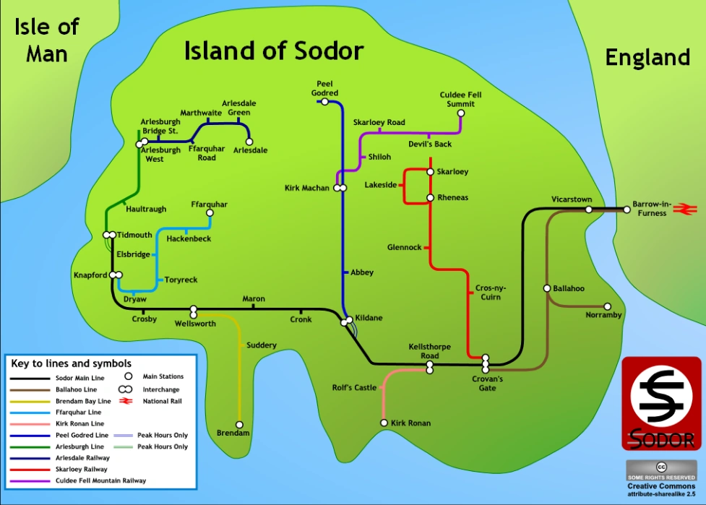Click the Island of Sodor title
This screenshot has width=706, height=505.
pyautogui.click(x=273, y=51)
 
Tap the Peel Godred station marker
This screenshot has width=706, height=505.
pyautogui.click(x=324, y=102)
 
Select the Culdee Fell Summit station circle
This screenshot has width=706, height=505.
pyautogui.click(x=461, y=113)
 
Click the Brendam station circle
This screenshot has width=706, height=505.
pyautogui.click(x=239, y=425)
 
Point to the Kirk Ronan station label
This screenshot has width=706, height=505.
pyautogui.click(x=410, y=423)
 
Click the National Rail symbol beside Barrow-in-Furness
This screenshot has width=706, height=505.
pyautogui.click(x=681, y=209)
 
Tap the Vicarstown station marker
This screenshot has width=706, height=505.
pyautogui.click(x=589, y=210)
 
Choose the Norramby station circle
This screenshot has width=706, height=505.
pyautogui.click(x=607, y=306)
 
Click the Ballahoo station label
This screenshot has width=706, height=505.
pyautogui.click(x=569, y=288)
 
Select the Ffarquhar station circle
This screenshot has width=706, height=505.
pyautogui.click(x=210, y=213)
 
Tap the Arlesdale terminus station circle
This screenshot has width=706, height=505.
pyautogui.click(x=249, y=142)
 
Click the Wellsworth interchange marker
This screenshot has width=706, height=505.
pyautogui.click(x=194, y=312)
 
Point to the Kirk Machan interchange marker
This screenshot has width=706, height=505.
pyautogui.click(x=340, y=189)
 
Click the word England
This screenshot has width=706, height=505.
pyautogui.click(x=647, y=57)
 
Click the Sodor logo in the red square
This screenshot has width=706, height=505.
pyautogui.click(x=661, y=404)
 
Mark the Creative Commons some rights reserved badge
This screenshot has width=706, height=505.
pyautogui.click(x=661, y=470)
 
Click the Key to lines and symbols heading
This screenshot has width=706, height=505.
pyautogui.click(x=70, y=363)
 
